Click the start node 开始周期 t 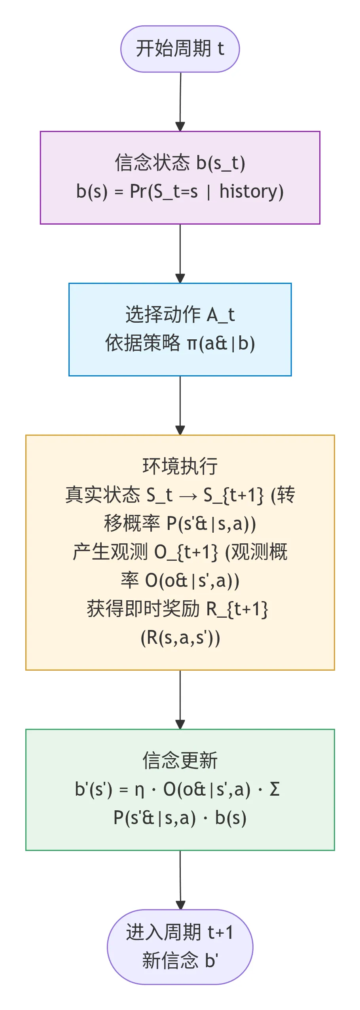coord(180,49)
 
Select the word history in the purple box coord(251,192)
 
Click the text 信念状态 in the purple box coord(152,163)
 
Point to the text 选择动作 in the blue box coord(163,315)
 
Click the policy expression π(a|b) coord(221,343)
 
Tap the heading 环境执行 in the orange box coord(180,466)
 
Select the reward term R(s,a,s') coord(180,637)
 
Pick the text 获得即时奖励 coord(143,609)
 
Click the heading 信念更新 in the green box coord(180,760)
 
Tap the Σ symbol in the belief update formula coord(275,790)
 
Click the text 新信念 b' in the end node coord(180,961)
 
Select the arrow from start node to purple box coord(180,101)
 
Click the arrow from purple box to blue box coord(180,253)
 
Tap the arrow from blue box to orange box coord(180,405)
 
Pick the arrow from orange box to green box coord(180,699)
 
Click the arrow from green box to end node coord(180,879)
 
